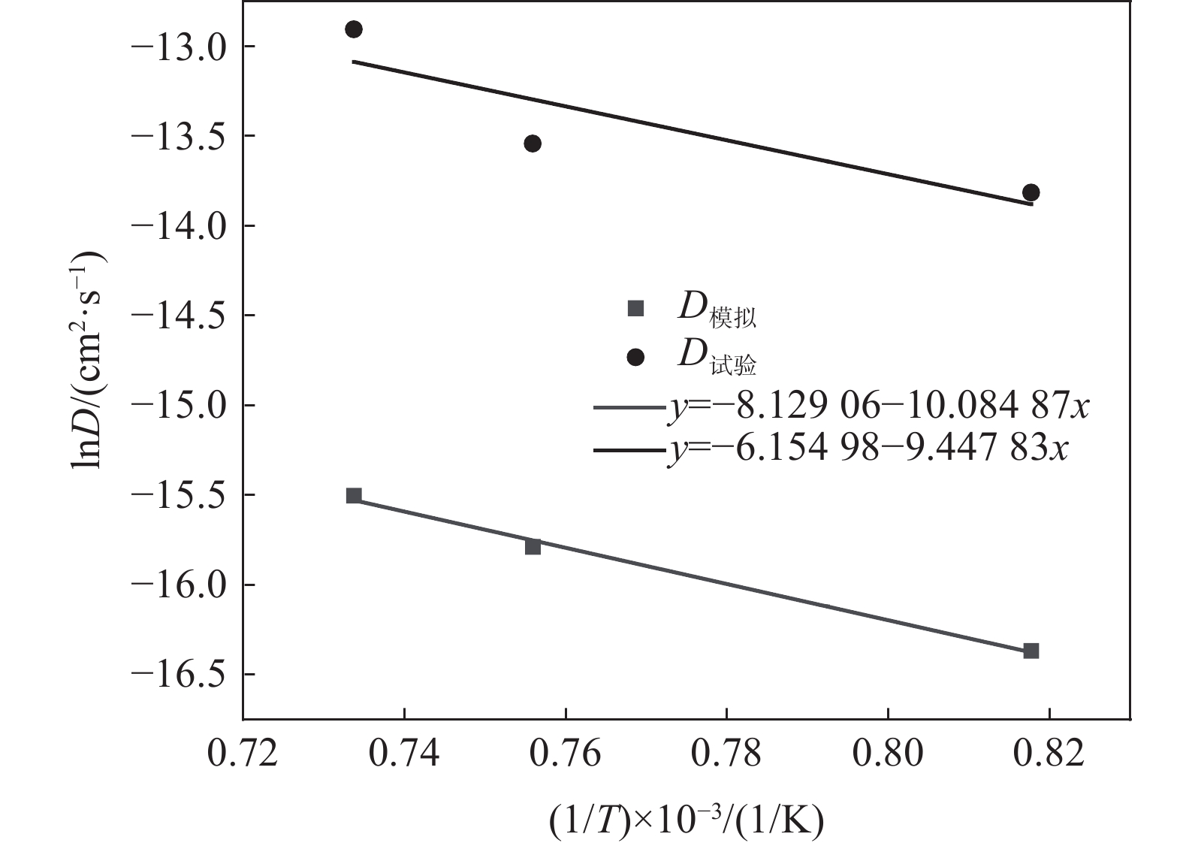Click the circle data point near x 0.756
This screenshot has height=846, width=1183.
pyautogui.click(x=533, y=144)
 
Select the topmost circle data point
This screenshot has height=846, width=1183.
pyautogui.click(x=354, y=29)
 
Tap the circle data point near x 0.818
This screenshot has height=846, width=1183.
pyautogui.click(x=1031, y=192)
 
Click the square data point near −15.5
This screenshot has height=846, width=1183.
pyautogui.click(x=354, y=495)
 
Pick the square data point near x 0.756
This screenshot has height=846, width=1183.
pyautogui.click(x=533, y=546)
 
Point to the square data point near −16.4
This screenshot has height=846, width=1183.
pyautogui.click(x=1031, y=651)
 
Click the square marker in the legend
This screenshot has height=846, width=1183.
pyautogui.click(x=636, y=308)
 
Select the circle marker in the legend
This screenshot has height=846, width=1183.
pyautogui.click(x=636, y=358)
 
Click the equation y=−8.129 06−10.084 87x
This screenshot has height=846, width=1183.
pyautogui.click(x=877, y=406)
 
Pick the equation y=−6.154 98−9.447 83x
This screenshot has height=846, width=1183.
pyautogui.click(x=867, y=449)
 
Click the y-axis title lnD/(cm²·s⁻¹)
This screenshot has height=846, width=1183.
pyautogui.click(x=89, y=360)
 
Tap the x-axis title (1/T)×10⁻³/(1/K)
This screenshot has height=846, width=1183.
pyautogui.click(x=687, y=820)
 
